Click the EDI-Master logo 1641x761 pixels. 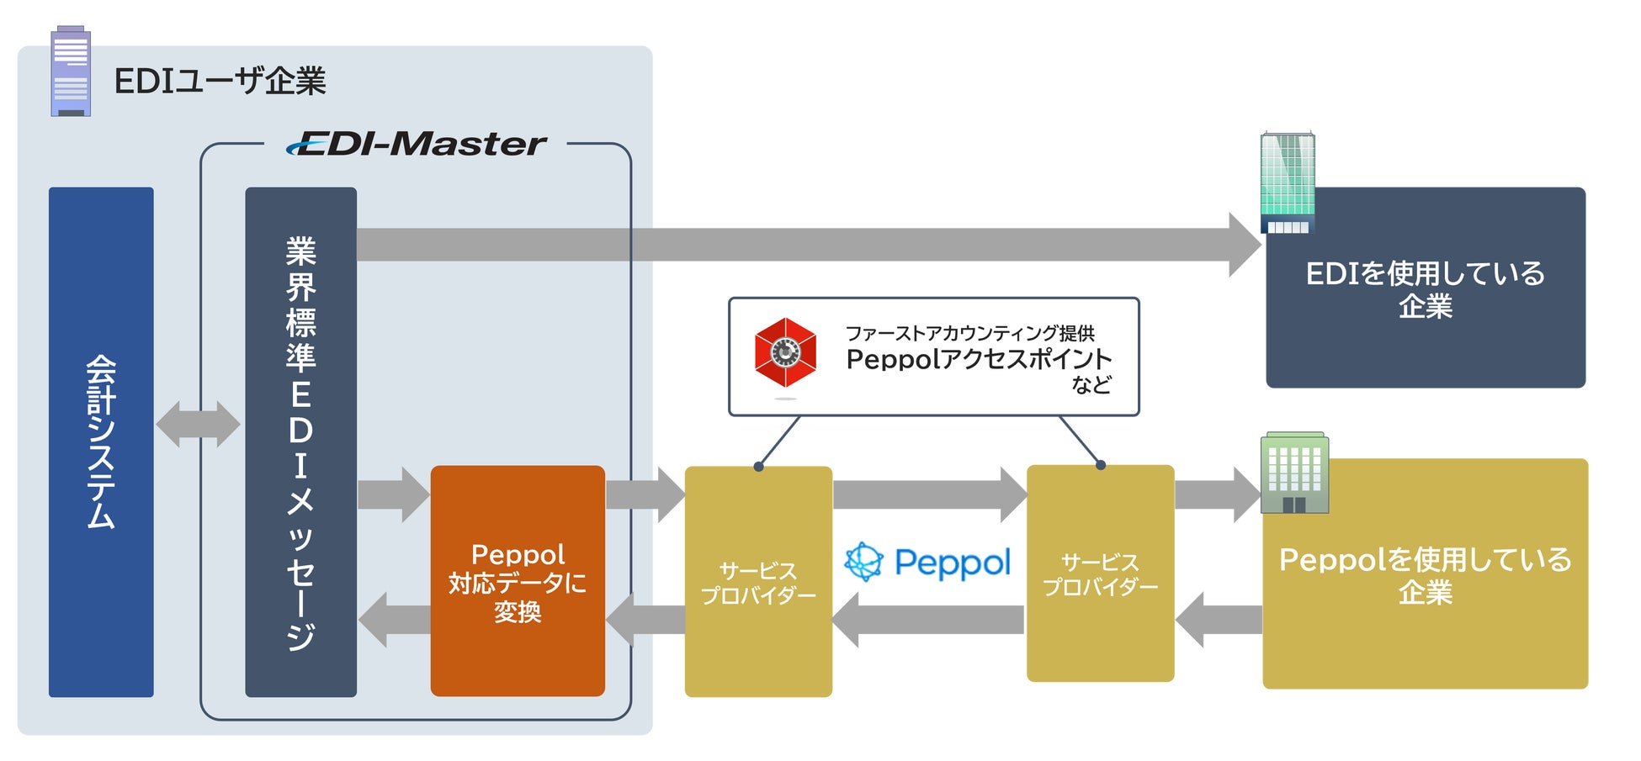417,144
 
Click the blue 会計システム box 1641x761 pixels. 101,441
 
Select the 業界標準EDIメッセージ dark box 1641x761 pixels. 300,441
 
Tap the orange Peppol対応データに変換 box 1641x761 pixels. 518,581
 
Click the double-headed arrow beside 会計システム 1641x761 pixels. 198,424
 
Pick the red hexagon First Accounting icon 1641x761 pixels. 785,353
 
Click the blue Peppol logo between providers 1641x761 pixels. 927,562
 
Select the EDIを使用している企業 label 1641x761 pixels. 1425,288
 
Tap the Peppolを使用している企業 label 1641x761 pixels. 1425,574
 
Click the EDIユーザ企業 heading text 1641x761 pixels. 220,81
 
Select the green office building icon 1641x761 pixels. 1294,473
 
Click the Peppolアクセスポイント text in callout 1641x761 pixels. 979,359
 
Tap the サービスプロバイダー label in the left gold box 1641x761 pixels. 758,583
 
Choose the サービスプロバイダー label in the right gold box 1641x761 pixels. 1100,573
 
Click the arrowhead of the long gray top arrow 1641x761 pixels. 1245,245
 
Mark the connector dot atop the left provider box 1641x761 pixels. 758,467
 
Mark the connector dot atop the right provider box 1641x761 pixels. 1101,465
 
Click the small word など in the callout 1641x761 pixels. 1091,385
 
